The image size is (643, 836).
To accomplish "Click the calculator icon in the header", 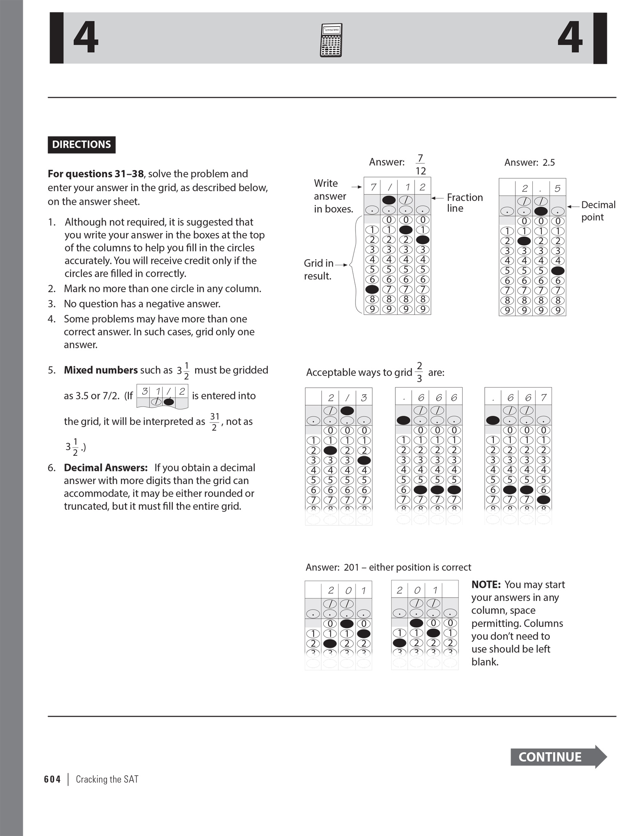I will click(x=331, y=40).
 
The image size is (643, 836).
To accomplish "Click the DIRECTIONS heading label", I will click(x=81, y=144).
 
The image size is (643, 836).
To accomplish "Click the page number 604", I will click(x=52, y=779).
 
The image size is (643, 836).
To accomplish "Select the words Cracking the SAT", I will click(x=107, y=779).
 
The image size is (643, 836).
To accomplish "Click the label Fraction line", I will click(x=464, y=203).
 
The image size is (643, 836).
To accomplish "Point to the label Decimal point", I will click(x=598, y=211).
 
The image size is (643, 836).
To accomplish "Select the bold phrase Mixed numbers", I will click(x=100, y=370).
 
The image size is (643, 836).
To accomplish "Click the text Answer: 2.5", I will click(x=529, y=162).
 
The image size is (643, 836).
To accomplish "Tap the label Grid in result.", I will click(x=318, y=270).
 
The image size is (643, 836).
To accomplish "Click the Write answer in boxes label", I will click(x=333, y=196).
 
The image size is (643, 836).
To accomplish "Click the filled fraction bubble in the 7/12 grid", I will click(x=389, y=200).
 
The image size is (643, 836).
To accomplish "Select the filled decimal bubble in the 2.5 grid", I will click(x=541, y=211).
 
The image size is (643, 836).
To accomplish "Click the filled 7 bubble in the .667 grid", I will click(x=543, y=500).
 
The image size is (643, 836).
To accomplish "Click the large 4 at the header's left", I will click(x=86, y=38).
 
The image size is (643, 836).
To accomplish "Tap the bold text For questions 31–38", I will click(x=96, y=174).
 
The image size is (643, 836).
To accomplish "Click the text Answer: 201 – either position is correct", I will click(x=388, y=567).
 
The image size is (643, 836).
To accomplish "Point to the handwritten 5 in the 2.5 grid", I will click(x=557, y=188).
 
